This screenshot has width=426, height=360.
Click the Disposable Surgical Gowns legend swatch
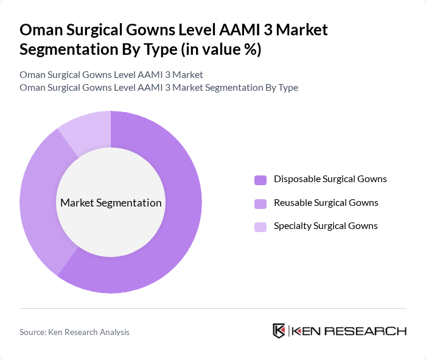tap(260, 180)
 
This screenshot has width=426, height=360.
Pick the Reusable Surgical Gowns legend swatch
tap(260, 203)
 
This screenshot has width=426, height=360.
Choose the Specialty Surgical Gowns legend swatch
tap(260, 227)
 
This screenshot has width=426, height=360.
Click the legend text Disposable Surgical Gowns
tap(330, 179)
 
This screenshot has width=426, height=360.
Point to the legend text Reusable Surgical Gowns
tap(326, 202)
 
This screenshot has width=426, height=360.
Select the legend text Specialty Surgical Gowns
tap(326, 225)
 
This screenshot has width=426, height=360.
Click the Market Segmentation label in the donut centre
tap(111, 203)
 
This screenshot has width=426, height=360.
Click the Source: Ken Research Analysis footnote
tap(74, 332)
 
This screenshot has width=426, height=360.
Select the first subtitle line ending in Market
tap(111, 74)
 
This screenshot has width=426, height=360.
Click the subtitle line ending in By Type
tap(158, 87)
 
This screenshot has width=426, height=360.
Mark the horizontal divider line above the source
tap(213, 308)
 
